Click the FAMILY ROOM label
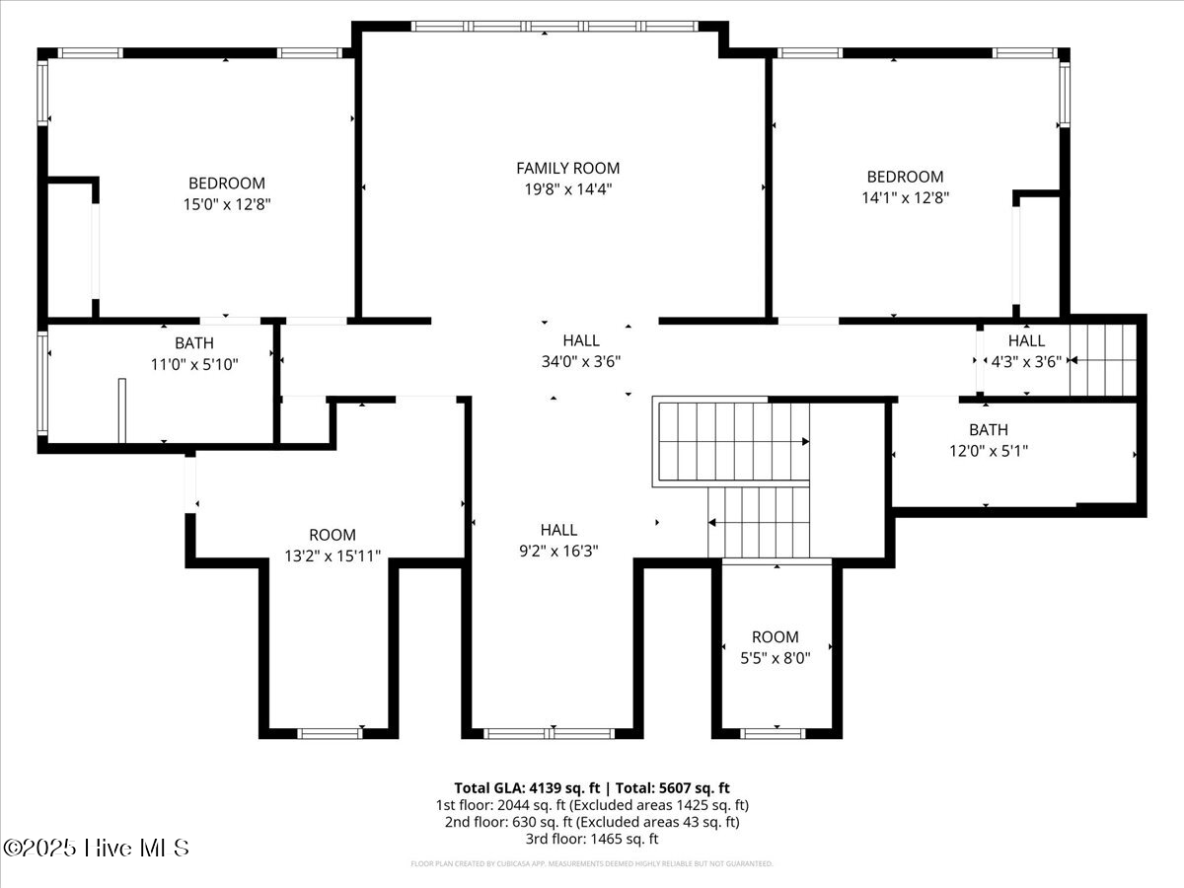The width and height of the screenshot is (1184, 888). point(567,168)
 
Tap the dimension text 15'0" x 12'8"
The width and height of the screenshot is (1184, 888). point(227,204)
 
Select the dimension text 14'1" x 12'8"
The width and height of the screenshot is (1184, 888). point(905,197)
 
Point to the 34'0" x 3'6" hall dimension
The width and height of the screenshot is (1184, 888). point(581,361)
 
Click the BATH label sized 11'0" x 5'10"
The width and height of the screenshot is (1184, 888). point(193,342)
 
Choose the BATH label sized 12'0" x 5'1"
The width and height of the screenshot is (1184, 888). point(988,429)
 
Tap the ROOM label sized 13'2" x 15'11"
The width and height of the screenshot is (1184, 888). point(332,535)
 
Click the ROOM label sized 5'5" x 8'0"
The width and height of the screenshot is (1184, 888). point(775,636)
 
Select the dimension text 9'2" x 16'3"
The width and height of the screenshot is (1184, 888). point(558,551)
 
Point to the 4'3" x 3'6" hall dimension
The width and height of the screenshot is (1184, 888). point(1026,361)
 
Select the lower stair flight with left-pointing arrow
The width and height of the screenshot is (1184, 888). point(759,522)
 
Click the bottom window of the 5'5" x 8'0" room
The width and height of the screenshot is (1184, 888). point(773,733)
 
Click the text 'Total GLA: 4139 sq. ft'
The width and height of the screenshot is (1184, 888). point(527,787)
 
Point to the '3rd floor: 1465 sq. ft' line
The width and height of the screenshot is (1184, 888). point(591,839)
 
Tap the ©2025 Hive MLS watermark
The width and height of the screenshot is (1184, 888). point(96,848)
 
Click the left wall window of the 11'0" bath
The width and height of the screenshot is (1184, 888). point(42,383)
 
